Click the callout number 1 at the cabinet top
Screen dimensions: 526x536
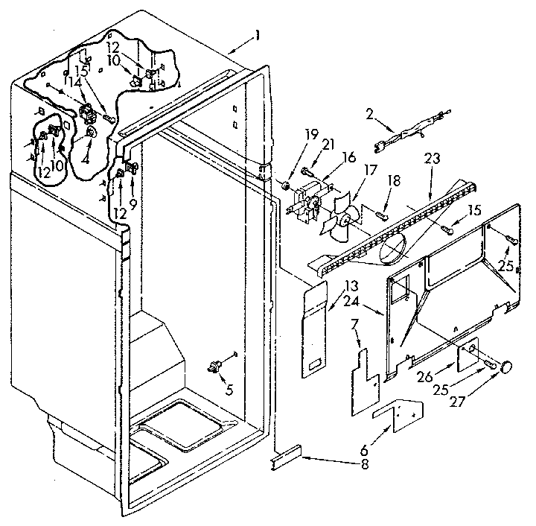[x=257, y=35]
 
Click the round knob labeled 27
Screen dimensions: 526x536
[x=508, y=366]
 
